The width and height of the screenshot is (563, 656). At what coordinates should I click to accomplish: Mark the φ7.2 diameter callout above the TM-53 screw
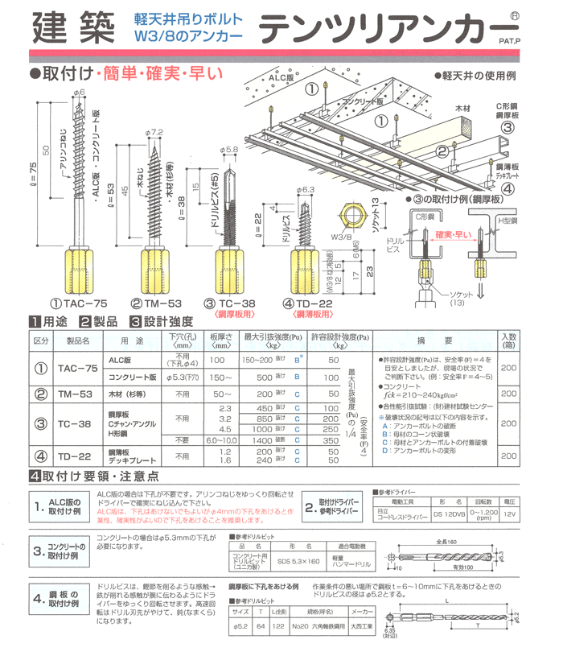coord(155,131)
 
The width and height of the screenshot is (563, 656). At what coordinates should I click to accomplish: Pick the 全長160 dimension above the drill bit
coord(456,541)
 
